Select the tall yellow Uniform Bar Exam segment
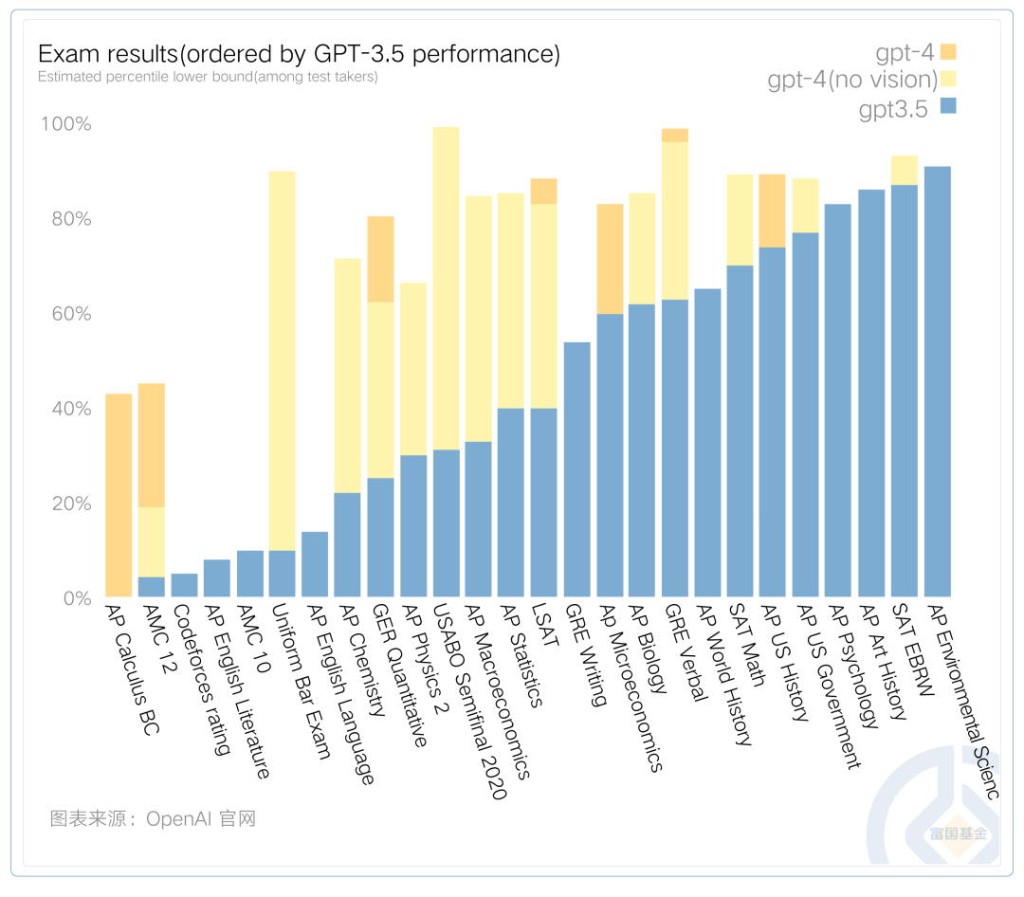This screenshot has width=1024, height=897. pos(283,360)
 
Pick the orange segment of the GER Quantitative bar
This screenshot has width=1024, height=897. pos(380,259)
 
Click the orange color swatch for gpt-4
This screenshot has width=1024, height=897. pos(949,51)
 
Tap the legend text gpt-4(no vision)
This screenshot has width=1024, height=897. pos(852,80)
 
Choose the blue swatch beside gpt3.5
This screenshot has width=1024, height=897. pos(949,106)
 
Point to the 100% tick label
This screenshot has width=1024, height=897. pos(64,124)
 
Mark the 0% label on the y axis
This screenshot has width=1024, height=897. pos(72,598)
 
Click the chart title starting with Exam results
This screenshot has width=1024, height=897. pos(299,54)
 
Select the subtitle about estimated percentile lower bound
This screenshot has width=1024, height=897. pos(208,77)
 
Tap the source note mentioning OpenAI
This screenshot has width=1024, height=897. pos(153,818)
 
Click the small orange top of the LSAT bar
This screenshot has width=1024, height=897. pos(544,191)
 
